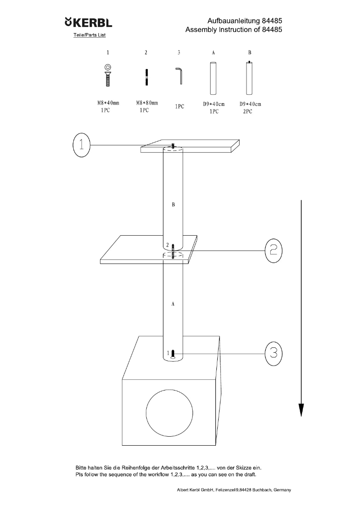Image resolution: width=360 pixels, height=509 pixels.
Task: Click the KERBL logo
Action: point(88,22)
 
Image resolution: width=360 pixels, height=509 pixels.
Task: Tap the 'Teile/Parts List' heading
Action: point(89,35)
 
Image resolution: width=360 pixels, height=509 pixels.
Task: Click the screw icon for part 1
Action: point(108,75)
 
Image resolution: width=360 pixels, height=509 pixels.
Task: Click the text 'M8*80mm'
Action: point(147,103)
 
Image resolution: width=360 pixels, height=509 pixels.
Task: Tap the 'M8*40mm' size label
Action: point(108,103)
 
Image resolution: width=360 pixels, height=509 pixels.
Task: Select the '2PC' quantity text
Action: point(247,111)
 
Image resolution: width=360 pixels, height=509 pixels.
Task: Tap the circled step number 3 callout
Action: point(274,353)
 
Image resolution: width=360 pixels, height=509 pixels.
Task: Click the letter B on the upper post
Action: point(173,205)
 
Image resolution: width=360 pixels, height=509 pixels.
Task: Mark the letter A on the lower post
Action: point(173,304)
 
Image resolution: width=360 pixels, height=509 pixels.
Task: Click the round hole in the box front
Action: point(170,412)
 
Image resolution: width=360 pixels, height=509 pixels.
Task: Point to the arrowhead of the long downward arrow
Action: point(301,409)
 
